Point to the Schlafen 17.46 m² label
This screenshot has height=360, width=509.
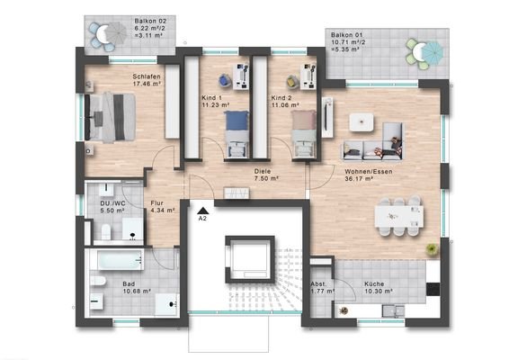(146, 81)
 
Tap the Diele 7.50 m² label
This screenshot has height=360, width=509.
(263, 175)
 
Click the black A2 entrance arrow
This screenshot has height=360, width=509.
(202, 208)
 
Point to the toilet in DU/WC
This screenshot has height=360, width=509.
(104, 234)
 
